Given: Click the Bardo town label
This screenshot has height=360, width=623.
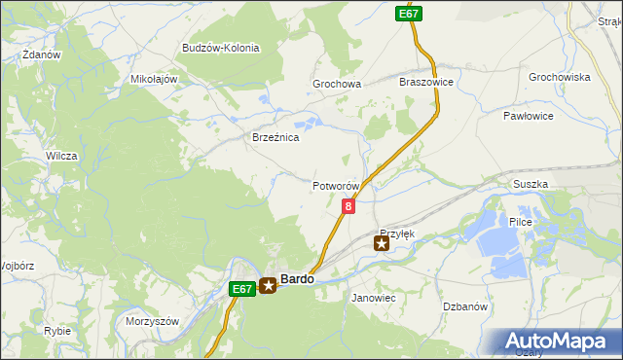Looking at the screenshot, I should pyautogui.click(x=297, y=279).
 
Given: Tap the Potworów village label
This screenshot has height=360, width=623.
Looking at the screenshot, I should pyautogui.click(x=337, y=186).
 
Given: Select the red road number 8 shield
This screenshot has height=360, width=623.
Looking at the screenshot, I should pyautogui.click(x=348, y=205).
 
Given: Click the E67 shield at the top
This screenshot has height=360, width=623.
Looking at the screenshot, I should pyautogui.click(x=408, y=14).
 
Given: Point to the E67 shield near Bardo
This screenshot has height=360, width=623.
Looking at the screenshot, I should pyautogui.click(x=241, y=289).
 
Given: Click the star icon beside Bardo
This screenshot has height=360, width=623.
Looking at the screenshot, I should pyautogui.click(x=269, y=286).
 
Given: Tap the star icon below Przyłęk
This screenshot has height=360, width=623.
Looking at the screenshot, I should pyautogui.click(x=382, y=243).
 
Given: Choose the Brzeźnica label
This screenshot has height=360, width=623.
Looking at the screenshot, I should pyautogui.click(x=275, y=138).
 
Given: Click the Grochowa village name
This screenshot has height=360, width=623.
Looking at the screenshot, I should pyautogui.click(x=337, y=85).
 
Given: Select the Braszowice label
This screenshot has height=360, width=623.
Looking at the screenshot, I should pyautogui.click(x=426, y=83).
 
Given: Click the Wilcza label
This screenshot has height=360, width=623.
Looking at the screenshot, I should pyautogui.click(x=61, y=156).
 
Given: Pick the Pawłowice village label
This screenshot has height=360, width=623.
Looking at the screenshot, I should pyautogui.click(x=529, y=116).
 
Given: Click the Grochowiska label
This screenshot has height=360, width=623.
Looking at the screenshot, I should pyautogui.click(x=560, y=77).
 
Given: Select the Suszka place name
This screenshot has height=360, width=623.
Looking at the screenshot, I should pyautogui.click(x=531, y=184).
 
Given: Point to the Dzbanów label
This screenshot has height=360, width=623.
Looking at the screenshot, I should pyautogui.click(x=464, y=306).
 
